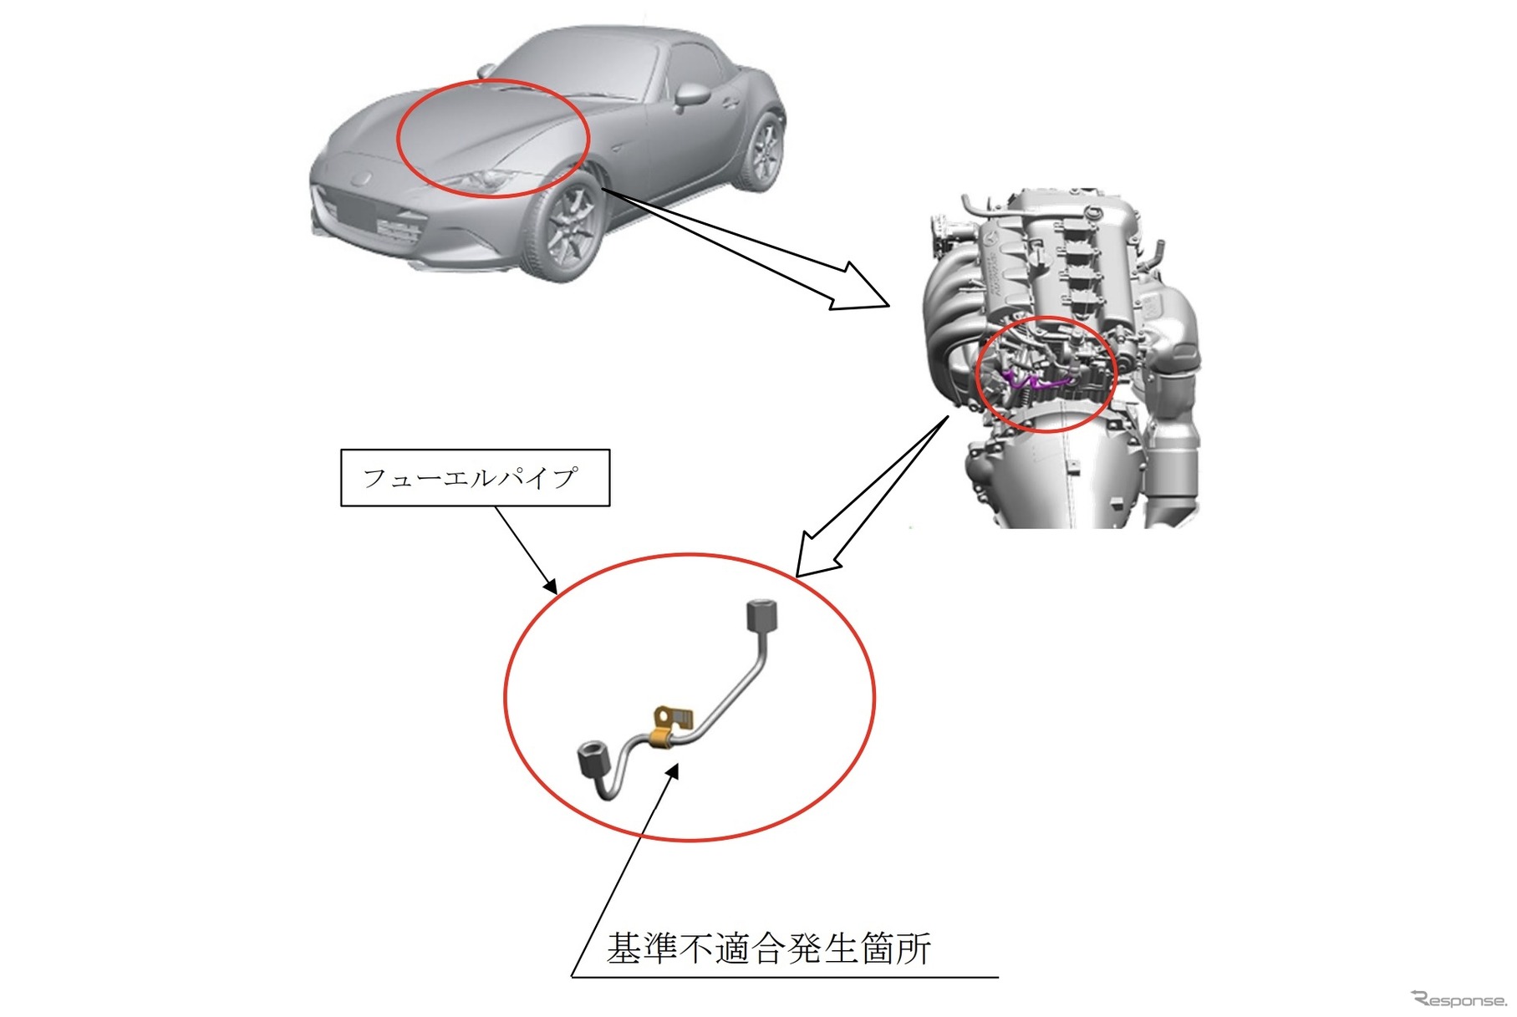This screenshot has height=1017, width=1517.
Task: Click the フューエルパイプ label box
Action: [x=475, y=477]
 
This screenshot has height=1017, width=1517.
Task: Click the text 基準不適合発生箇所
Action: [x=768, y=948]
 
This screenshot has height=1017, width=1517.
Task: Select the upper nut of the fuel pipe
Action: [x=761, y=618]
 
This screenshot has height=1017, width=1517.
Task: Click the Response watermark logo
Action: [x=1458, y=999]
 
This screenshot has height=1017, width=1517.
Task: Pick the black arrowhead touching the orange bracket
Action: [x=672, y=770]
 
